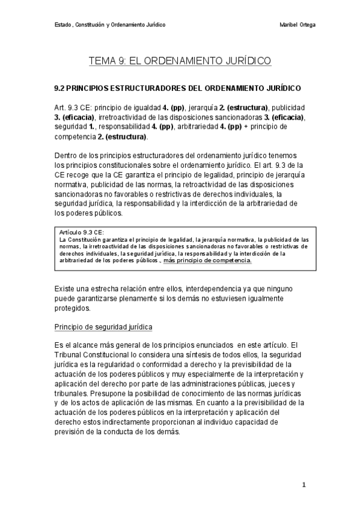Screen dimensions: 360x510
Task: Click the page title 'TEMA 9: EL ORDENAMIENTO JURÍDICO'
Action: pyautogui.click(x=180, y=61)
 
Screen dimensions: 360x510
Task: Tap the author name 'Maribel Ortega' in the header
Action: pyautogui.click(x=298, y=25)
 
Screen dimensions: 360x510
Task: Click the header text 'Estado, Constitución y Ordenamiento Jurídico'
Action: pyautogui.click(x=110, y=25)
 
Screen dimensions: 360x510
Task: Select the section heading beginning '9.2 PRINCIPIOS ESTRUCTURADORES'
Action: pyautogui.click(x=177, y=88)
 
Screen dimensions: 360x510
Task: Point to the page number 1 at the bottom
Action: pyautogui.click(x=304, y=485)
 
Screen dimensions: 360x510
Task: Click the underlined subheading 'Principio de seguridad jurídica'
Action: pyautogui.click(x=103, y=327)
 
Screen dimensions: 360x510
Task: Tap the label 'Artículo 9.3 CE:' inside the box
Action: pyautogui.click(x=82, y=231)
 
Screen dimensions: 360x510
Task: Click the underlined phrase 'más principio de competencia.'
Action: pyautogui.click(x=208, y=260)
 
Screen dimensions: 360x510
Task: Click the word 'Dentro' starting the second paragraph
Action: pyautogui.click(x=66, y=156)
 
